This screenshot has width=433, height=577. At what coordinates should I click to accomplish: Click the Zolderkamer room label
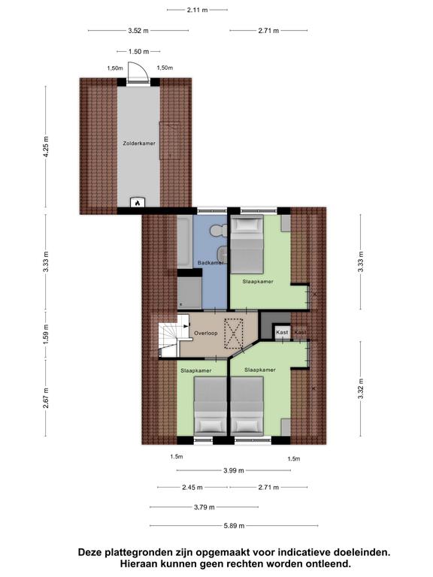click(x=139, y=143)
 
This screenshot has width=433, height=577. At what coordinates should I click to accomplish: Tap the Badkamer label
click(x=210, y=263)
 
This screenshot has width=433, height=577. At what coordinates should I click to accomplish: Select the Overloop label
click(x=206, y=333)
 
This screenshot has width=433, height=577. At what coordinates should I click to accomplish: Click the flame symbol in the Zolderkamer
click(x=138, y=202)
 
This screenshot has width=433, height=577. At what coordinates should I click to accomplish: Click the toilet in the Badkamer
click(x=218, y=231)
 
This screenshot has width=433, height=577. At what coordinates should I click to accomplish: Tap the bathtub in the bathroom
click(x=184, y=241)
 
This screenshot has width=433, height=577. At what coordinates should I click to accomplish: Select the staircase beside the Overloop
click(x=169, y=340)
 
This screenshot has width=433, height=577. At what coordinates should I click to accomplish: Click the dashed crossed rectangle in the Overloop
click(x=234, y=334)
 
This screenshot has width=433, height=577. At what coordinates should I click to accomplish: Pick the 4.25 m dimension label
click(x=46, y=147)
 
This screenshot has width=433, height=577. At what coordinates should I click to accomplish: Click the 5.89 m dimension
click(x=234, y=525)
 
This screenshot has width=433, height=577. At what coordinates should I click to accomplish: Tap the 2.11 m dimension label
click(x=198, y=10)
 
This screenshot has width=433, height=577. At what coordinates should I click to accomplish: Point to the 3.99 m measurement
click(x=234, y=470)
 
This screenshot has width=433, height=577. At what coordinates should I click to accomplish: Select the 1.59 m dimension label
click(x=46, y=334)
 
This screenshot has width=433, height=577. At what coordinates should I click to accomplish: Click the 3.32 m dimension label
click(x=361, y=388)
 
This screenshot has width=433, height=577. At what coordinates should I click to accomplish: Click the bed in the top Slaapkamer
click(x=247, y=244)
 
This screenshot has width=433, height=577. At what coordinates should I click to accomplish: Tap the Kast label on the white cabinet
click(x=282, y=332)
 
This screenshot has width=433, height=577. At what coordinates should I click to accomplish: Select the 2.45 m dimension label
click(x=192, y=487)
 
